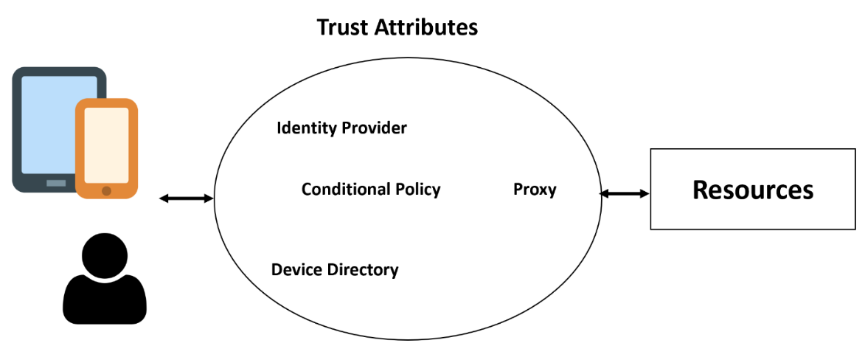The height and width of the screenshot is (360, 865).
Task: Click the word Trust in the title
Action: coord(342,28)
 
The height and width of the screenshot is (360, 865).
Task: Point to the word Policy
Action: coord(417,190)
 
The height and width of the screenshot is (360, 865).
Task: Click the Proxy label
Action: coord(535,190)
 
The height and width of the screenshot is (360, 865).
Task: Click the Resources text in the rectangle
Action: coord(753,190)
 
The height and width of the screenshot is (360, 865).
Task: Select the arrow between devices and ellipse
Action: coord(186,198)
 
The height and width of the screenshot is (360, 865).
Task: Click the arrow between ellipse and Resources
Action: coord(625,193)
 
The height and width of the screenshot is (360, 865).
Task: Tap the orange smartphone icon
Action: coord(107,148)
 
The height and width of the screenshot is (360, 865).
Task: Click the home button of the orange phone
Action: coord(106,190)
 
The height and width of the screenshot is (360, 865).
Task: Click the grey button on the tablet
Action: coord(56,183)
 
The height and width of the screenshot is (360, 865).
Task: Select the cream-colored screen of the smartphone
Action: coord(107,144)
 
